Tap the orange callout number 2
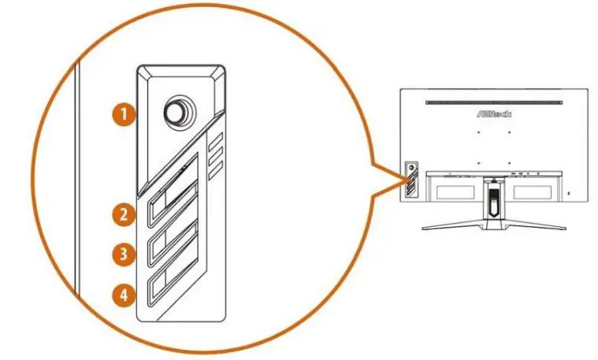coord(121,213)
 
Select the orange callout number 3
coord(121,254)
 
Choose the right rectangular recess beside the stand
coord(536,190)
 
